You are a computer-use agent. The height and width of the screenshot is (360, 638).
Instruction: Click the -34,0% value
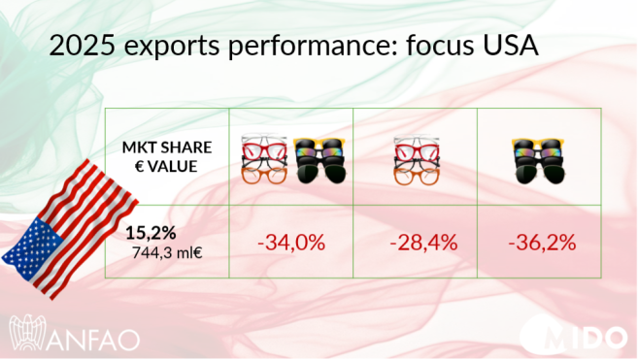290,243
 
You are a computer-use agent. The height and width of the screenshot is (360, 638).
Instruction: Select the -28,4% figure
422,243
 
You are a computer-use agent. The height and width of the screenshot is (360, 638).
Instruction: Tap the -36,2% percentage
541,243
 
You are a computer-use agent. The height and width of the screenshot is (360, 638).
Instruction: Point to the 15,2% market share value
151,233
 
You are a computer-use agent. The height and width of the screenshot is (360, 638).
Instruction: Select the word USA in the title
503,46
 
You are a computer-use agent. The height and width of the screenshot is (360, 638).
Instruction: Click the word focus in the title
427,46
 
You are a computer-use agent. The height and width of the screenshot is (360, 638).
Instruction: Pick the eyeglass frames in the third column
416,158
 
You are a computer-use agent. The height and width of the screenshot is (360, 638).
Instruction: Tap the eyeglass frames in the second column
265,158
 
